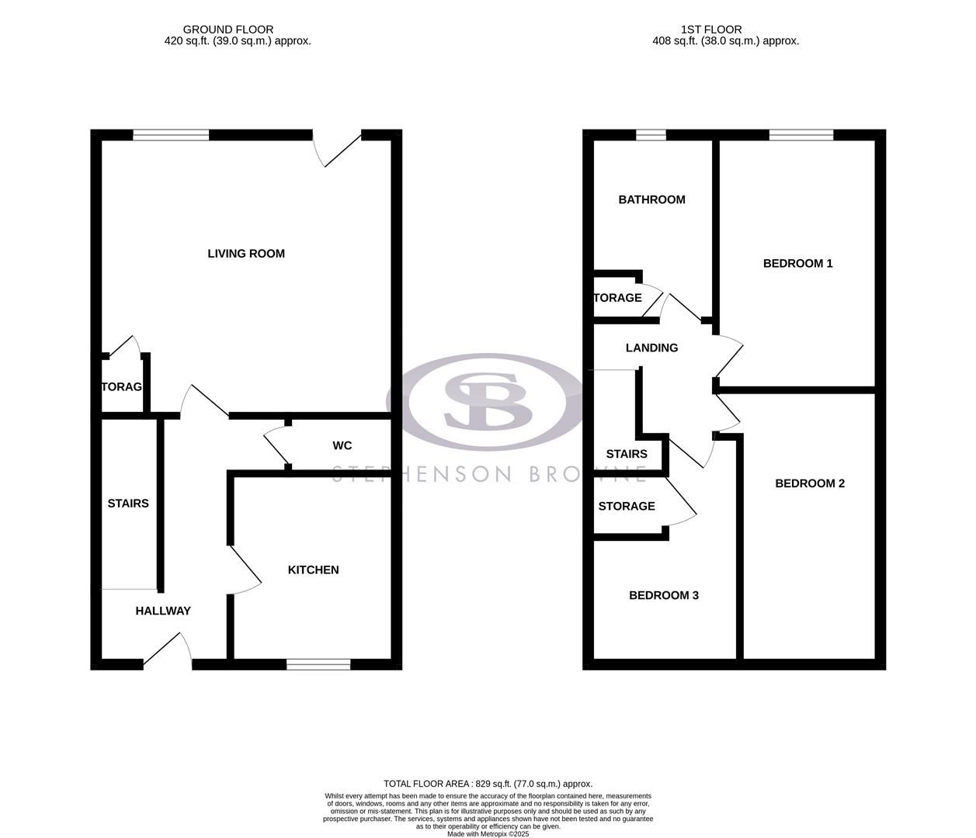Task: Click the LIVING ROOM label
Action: coord(246,254)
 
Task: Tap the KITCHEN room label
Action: coord(313,570)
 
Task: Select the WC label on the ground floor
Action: coord(342,445)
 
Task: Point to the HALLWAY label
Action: coord(163,611)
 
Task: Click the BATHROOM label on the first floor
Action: coord(651,200)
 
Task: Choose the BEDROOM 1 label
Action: coord(797,264)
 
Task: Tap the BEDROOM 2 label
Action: coord(810,484)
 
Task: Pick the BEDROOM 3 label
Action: coord(663,596)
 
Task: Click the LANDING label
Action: coord(651,348)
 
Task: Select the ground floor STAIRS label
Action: coord(128,504)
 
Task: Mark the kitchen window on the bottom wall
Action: coord(318,663)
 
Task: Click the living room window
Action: coord(171,135)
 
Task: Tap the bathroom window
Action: coord(651,135)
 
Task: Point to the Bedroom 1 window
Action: coord(801,135)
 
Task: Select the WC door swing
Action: coord(275,446)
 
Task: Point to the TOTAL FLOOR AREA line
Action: coord(488,784)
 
